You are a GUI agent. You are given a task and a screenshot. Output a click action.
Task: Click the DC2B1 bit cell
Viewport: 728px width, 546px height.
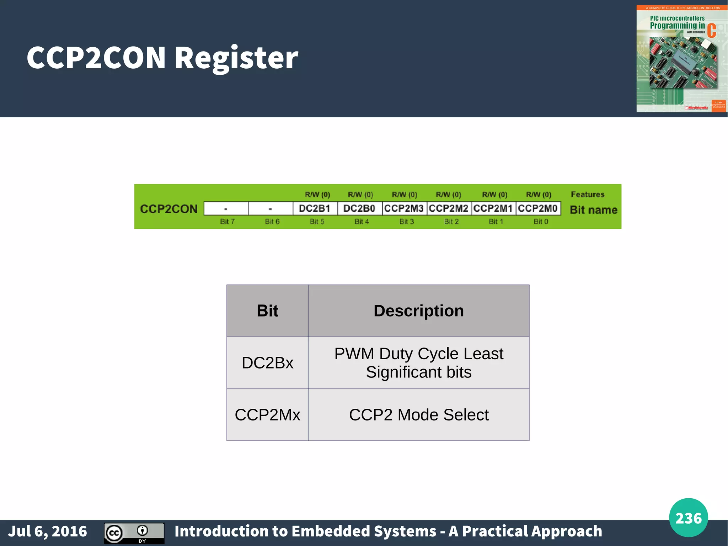tap(315, 208)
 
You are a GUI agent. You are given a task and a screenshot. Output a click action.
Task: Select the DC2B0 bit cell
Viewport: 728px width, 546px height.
tap(359, 208)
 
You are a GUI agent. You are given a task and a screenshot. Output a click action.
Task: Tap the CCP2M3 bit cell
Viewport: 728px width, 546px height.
tap(404, 208)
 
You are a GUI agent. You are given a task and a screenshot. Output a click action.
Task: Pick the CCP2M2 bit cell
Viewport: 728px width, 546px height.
tap(449, 208)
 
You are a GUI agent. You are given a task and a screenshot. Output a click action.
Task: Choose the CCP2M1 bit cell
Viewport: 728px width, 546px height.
tap(493, 208)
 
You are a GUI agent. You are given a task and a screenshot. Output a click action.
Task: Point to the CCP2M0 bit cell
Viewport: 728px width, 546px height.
tap(538, 208)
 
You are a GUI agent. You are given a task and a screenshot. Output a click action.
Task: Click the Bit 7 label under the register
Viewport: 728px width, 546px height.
tap(227, 222)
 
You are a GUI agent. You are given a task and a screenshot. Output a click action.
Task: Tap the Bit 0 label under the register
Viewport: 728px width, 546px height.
tap(541, 222)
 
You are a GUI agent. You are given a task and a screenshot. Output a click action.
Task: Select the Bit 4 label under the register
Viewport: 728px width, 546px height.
tap(362, 222)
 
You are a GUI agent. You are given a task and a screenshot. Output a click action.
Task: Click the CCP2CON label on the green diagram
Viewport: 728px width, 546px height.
tap(168, 209)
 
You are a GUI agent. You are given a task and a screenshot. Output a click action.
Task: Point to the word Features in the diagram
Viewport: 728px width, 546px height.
tap(588, 195)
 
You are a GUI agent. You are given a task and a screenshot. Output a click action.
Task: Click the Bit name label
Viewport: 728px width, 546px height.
tap(593, 210)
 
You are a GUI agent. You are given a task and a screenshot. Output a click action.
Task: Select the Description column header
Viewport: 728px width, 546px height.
tap(418, 311)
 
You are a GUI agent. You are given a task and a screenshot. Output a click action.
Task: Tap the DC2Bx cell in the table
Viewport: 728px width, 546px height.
tap(267, 363)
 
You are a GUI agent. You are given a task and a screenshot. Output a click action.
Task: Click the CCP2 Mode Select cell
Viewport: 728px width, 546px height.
tap(418, 415)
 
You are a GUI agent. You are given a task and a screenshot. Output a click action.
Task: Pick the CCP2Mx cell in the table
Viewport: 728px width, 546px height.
tap(267, 415)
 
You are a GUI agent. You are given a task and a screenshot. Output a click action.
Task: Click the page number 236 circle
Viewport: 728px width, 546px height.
tap(688, 518)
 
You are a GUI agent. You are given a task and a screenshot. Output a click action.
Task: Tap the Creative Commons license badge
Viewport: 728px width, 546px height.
tap(134, 533)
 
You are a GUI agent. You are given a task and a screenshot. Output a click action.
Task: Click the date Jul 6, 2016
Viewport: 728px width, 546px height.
tap(48, 531)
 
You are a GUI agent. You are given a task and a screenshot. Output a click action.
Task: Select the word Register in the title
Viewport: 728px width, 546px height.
tap(236, 58)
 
